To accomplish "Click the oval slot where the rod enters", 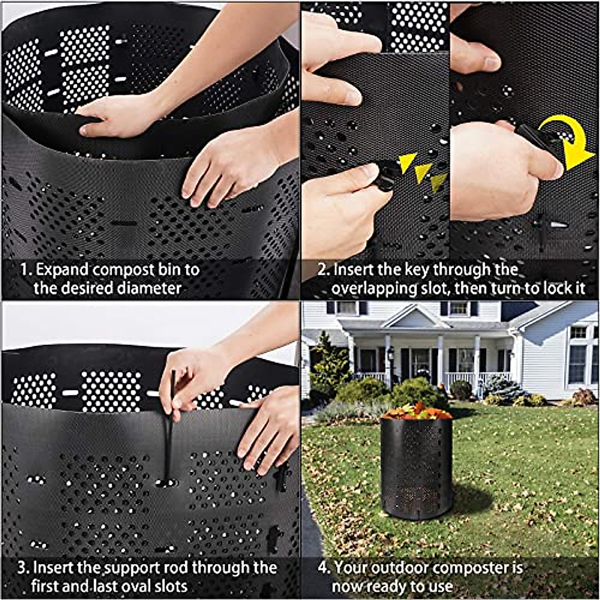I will [166, 483].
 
